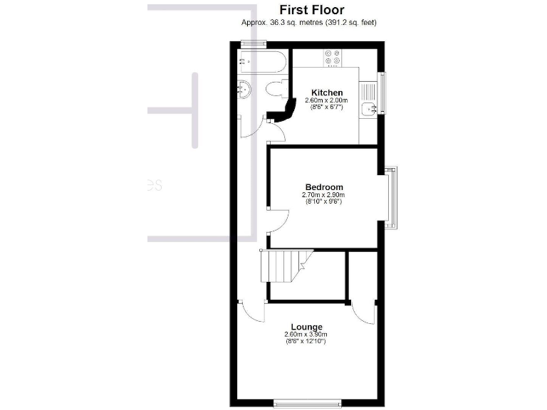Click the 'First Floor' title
(311, 10)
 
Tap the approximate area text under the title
(308, 23)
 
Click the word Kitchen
(327, 93)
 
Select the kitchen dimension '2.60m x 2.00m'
(326, 100)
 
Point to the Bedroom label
(323, 187)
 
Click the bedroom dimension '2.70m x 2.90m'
(323, 195)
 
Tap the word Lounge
(306, 327)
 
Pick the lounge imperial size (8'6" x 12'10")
(306, 342)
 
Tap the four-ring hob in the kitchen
(332, 57)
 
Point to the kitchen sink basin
(368, 109)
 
